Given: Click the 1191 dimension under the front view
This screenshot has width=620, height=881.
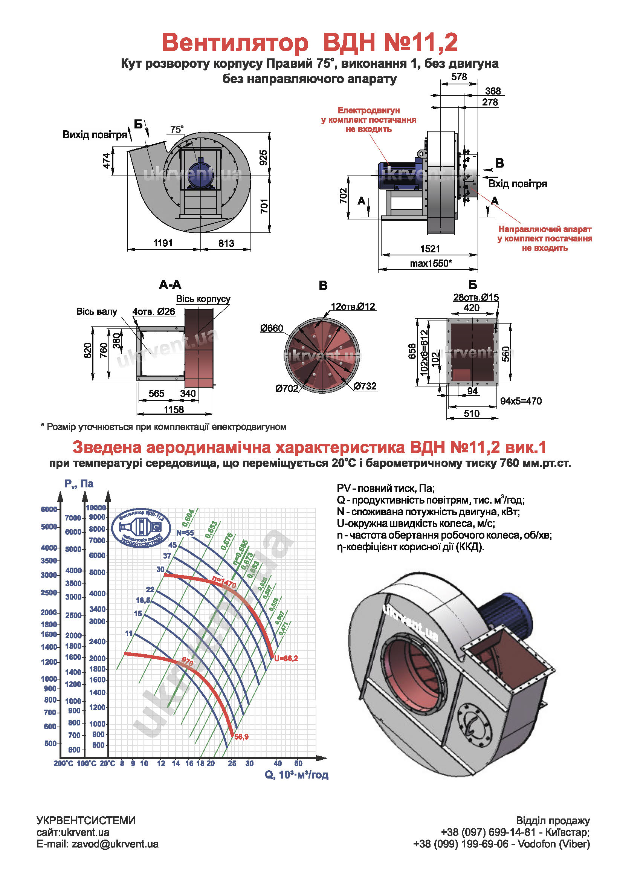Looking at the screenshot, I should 163,243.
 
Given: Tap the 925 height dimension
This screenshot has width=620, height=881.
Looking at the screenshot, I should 263,158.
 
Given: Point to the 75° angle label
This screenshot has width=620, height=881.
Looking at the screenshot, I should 177,129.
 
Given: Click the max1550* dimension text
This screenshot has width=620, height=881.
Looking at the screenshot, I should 431,263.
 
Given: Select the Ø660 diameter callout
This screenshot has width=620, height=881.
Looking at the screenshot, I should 271,328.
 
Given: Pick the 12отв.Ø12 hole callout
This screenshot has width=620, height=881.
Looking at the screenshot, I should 353,306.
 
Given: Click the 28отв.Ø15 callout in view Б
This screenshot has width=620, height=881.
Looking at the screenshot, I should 476,297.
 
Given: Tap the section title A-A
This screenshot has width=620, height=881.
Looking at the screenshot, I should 170,285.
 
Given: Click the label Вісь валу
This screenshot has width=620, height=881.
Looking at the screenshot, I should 96,311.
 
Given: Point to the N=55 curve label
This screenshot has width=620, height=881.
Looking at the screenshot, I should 185,533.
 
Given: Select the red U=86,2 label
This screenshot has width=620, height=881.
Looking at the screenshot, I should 286,658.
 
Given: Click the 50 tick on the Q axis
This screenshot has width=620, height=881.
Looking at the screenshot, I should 298,771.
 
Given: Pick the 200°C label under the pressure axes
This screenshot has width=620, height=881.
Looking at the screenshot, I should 63,771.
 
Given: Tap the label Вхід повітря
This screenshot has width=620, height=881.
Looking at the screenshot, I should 518,184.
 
